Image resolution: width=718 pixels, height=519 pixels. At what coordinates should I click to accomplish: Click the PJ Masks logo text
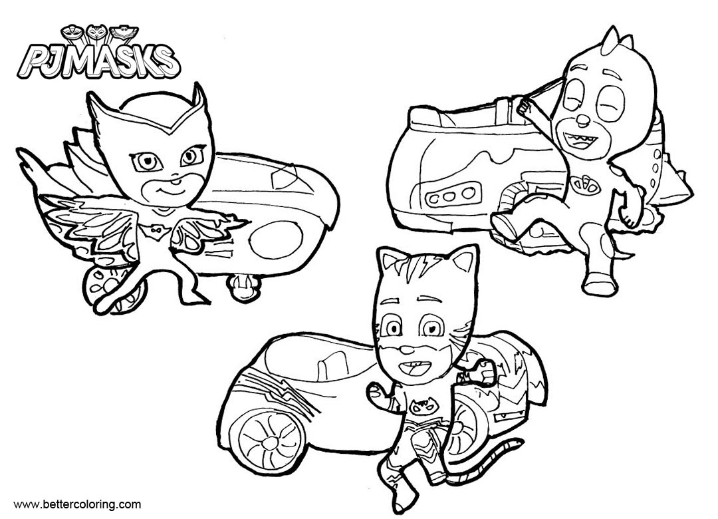pyautogui.click(x=99, y=64)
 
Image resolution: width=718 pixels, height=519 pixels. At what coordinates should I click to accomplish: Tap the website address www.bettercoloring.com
pyautogui.click(x=77, y=505)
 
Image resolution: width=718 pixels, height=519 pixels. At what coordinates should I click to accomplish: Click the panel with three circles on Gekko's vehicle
pyautogui.click(x=453, y=194)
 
